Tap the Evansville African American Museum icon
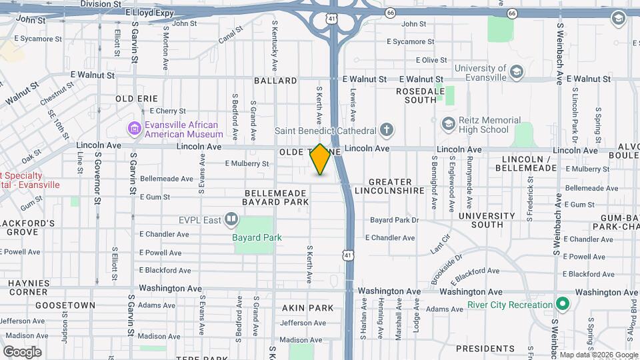pyautogui.click(x=134, y=127)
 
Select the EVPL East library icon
pyautogui.click(x=231, y=218)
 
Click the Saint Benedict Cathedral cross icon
pyautogui.click(x=387, y=129)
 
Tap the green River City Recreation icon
pyautogui.click(x=562, y=305)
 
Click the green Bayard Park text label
pyautogui.click(x=257, y=237)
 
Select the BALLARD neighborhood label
pyautogui.click(x=275, y=81)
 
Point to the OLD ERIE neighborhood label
pyautogui.click(x=137, y=98)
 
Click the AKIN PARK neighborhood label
pyautogui.click(x=307, y=308)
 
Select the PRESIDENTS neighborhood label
pyautogui.click(x=485, y=348)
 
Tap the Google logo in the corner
pyautogui.click(x=22, y=351)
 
